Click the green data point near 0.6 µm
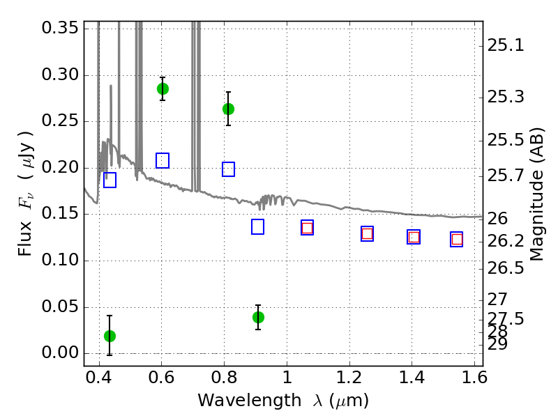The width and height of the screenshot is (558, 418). [x=163, y=89]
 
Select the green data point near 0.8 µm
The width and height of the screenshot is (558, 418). [x=229, y=109]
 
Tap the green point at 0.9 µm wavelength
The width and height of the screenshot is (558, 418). [x=258, y=318]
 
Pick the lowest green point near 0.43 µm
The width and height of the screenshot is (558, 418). [x=110, y=336]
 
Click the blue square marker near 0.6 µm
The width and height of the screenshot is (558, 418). [x=163, y=161]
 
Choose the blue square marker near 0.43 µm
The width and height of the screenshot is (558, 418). [x=110, y=180]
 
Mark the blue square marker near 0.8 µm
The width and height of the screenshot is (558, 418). [x=229, y=169]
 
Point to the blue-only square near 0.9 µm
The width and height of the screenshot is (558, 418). [x=257, y=227]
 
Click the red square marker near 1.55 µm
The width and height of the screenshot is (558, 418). [x=457, y=239]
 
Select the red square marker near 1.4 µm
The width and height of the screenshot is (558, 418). [x=414, y=237]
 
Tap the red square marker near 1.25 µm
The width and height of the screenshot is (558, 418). [x=368, y=234]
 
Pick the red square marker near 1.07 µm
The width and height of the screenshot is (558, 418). [x=307, y=228]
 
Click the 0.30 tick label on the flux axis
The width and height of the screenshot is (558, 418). [x=60, y=75]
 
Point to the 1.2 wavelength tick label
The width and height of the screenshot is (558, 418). [x=349, y=378]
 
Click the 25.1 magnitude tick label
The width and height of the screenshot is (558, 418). [x=505, y=45]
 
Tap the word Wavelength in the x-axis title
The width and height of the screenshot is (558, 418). [x=250, y=400]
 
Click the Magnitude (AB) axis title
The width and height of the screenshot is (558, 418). [x=536, y=194]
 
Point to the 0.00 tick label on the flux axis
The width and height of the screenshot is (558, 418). [x=60, y=353]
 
